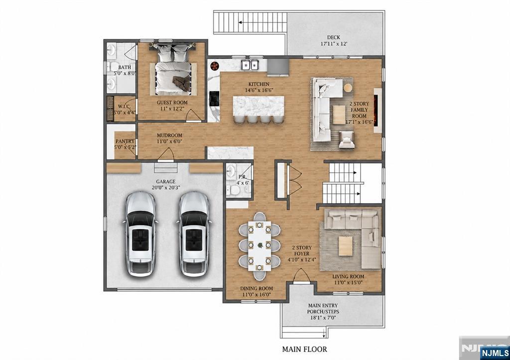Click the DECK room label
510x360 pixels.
tap(333, 37)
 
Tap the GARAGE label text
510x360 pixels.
tap(165, 181)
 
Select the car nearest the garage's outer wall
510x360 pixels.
tap(140, 234)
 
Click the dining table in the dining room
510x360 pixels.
tap(259, 246)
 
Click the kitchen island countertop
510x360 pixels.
tap(258, 106)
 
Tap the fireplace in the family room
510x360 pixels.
tap(377, 110)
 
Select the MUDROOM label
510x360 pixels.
tap(169, 135)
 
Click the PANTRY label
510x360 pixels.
tap(125, 141)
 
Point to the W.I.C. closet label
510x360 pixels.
tap(124, 107)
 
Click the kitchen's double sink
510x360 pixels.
tap(250, 65)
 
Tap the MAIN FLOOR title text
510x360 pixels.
tap(304, 349)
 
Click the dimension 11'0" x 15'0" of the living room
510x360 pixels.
tap(348, 282)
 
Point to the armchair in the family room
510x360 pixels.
tap(347, 139)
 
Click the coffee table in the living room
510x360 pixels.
tap(346, 246)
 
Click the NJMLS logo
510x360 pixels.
tap(495, 353)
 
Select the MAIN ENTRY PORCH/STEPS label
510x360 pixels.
tap(323, 312)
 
